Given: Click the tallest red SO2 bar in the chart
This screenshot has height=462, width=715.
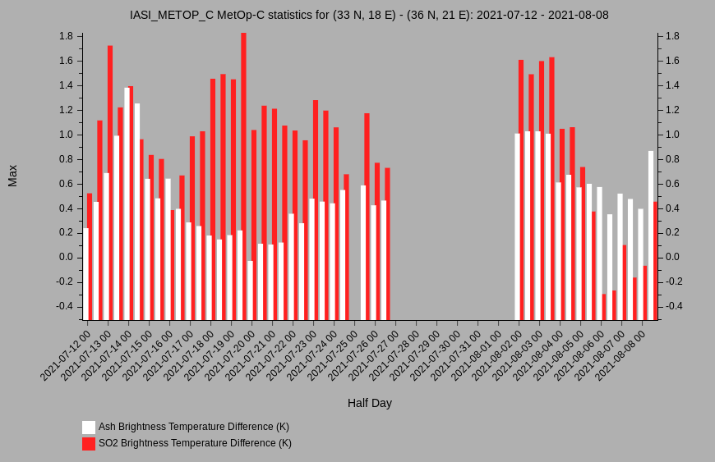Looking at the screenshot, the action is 243,176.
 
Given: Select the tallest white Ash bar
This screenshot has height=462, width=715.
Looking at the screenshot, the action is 127,204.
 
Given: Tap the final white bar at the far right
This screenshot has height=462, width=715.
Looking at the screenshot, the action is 651,236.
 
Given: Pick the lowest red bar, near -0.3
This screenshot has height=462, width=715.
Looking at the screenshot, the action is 604,307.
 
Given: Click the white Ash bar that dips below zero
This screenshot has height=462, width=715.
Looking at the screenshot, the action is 251,290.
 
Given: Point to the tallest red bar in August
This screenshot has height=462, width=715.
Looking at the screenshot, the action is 551,189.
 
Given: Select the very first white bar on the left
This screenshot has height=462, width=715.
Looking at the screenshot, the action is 85,274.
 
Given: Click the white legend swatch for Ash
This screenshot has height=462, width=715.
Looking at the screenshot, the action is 89,428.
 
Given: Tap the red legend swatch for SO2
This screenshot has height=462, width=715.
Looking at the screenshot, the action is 89,444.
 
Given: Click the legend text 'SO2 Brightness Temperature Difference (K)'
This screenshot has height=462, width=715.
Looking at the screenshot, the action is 195,443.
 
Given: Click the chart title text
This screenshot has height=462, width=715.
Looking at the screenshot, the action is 369,15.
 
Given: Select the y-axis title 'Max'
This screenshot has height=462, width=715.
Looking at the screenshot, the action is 12,176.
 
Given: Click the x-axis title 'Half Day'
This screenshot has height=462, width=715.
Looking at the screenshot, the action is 370,403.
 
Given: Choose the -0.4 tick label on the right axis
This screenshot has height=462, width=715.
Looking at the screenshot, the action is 674,306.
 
